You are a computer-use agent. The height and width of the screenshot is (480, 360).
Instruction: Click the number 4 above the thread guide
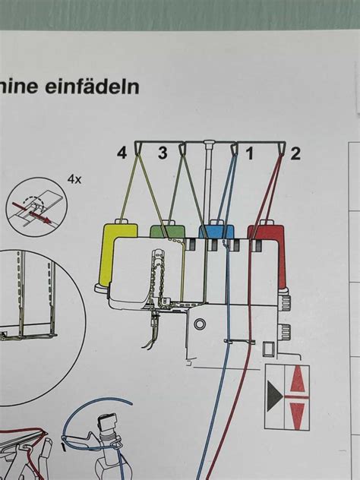(x=122, y=153)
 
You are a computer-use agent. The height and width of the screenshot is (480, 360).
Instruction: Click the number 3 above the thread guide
(x=162, y=153)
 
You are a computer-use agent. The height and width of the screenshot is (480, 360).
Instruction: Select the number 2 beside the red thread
(x=295, y=154)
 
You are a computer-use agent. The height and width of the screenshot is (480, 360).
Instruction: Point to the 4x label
(x=74, y=179)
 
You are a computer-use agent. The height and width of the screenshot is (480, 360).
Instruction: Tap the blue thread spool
(x=215, y=231)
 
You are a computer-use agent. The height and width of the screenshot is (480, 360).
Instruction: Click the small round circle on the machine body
(x=200, y=324)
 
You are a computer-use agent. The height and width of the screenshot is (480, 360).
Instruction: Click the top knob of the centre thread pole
(x=208, y=141)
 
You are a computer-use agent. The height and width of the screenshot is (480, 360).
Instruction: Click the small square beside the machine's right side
(x=268, y=350)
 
